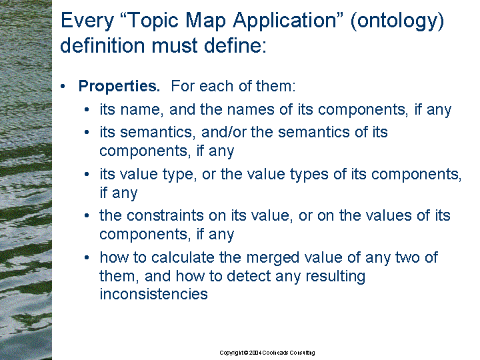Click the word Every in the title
pos(87,21)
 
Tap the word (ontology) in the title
pos(397,21)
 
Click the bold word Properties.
pos(119,86)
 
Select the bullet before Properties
pos(63,86)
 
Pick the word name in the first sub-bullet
pos(141,110)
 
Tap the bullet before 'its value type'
pos(87,174)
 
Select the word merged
pos(273,258)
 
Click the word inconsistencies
pos(154,294)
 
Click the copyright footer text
pos(267,353)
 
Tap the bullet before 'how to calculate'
pos(87,257)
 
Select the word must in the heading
pos(175,45)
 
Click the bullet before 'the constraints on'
pos(87,216)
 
